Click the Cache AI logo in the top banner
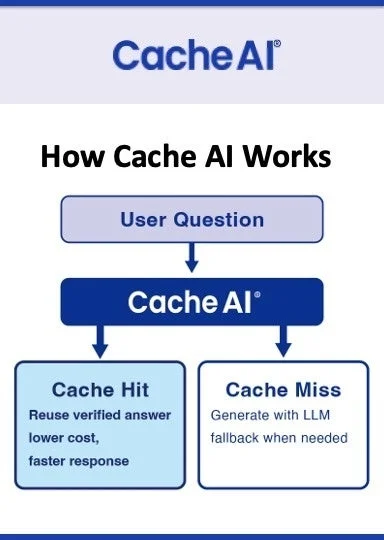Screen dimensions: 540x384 tap(196, 55)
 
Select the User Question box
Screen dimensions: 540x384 tap(192, 219)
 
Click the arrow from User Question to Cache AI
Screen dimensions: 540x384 tap(192, 258)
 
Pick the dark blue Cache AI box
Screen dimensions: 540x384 tap(192, 300)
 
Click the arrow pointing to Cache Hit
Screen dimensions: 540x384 tap(100, 342)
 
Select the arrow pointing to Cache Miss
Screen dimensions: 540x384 tap(283, 342)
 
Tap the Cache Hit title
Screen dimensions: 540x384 tap(99, 390)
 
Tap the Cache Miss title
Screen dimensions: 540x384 tap(283, 390)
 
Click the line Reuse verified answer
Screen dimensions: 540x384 tap(100, 415)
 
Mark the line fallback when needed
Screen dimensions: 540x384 tap(279, 438)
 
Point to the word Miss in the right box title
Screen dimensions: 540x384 tap(317, 390)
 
